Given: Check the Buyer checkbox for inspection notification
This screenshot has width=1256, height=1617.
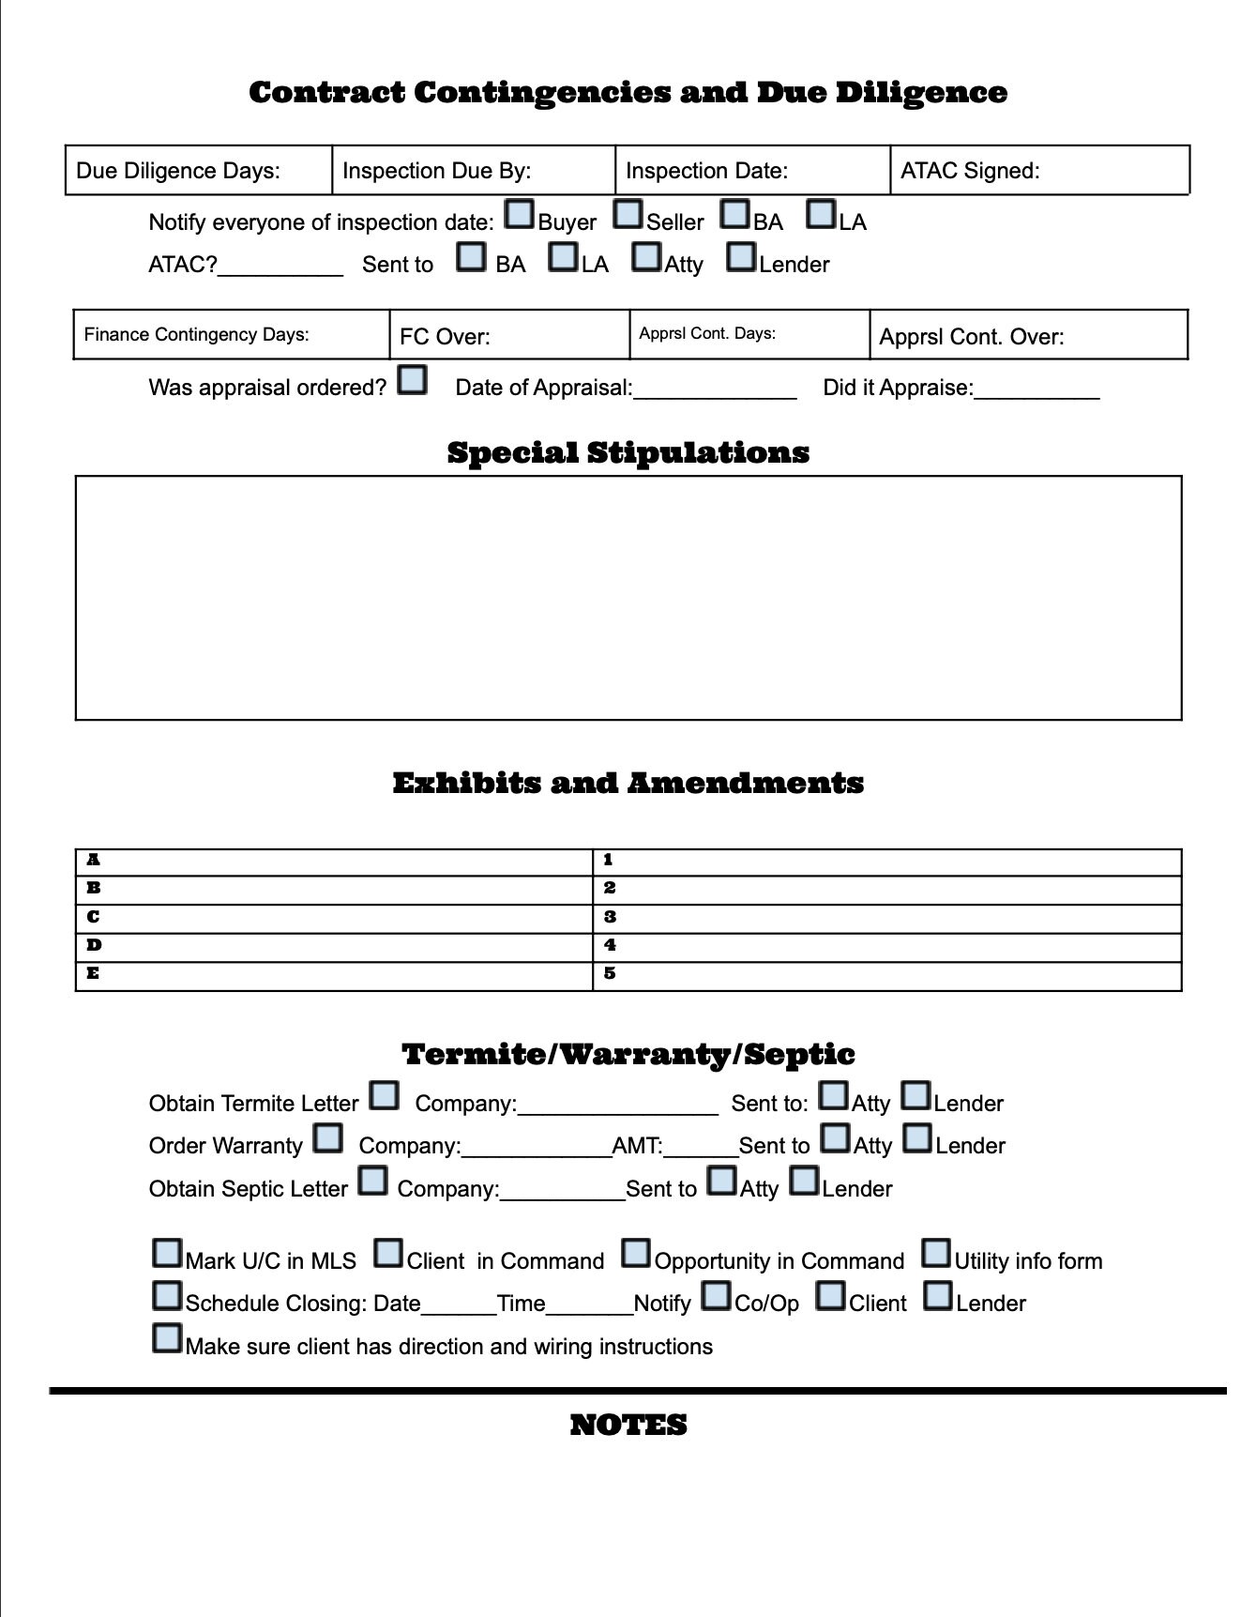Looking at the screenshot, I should click(519, 215).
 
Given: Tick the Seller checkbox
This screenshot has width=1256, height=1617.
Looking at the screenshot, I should click(628, 215).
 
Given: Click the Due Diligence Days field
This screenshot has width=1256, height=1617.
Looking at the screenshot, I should click(198, 171).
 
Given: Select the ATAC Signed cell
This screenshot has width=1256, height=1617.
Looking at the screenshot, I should click(1038, 171).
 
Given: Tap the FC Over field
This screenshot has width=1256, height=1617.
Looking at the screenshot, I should click(508, 336).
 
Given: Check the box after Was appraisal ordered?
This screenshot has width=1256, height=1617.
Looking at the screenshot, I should click(412, 380).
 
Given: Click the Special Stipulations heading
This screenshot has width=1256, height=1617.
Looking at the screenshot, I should click(628, 452).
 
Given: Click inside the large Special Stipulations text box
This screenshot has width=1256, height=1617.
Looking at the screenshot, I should click(628, 598).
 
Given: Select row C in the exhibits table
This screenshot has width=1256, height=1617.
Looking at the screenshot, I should click(334, 917).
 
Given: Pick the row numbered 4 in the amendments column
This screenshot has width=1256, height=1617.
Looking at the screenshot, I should click(886, 946).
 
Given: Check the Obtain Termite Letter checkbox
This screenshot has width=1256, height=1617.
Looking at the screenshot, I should click(384, 1095).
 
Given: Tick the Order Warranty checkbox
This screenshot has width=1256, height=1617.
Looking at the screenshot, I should click(327, 1138).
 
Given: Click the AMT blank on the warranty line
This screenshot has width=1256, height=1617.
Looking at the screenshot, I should click(701, 1145).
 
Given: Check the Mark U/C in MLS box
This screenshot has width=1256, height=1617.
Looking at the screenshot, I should click(167, 1253).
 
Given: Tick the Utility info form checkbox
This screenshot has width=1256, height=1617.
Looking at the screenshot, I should click(935, 1253).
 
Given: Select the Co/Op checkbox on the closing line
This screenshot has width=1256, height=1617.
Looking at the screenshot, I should click(717, 1296).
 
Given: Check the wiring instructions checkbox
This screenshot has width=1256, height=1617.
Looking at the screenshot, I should click(167, 1338).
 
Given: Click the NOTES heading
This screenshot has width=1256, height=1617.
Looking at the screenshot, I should click(628, 1425).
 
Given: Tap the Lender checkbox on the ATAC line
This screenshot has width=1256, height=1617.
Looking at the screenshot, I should click(741, 257).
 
